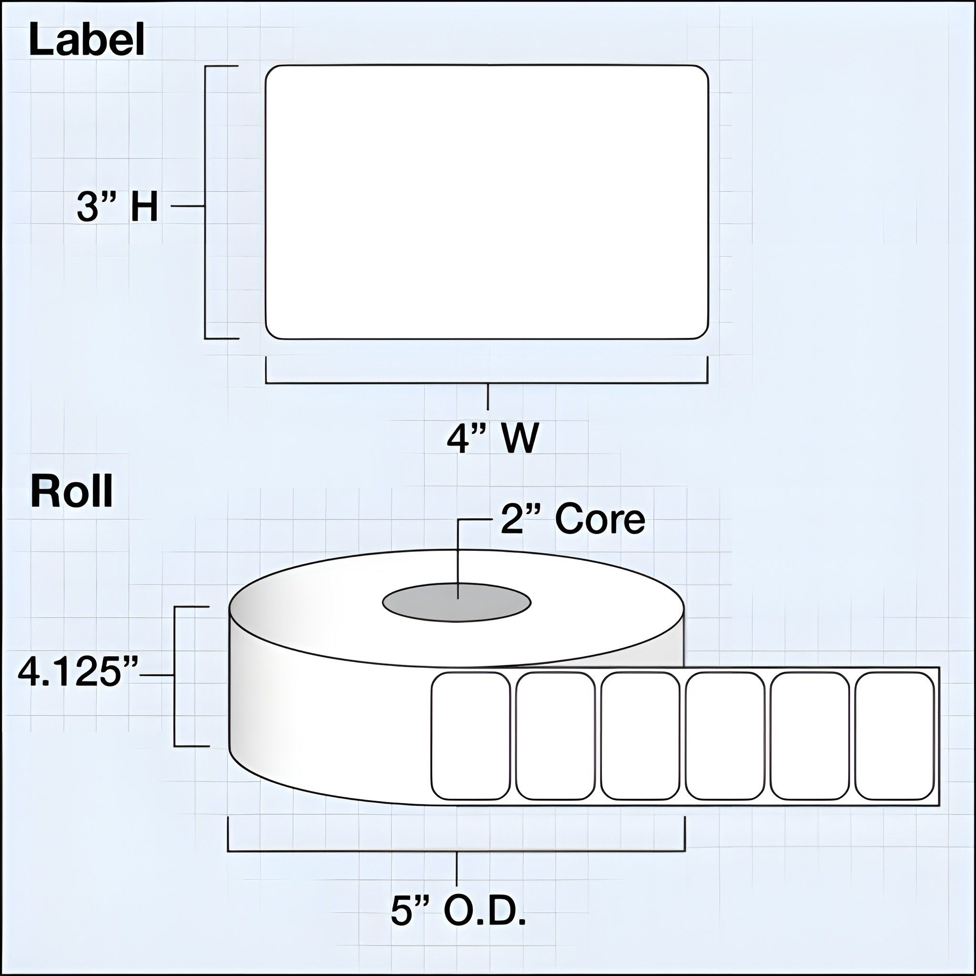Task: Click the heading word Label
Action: coord(87,41)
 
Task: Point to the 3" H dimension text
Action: coord(117,207)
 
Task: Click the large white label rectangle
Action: coord(487,202)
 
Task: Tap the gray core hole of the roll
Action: coord(456,602)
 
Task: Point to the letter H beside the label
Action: coord(144,207)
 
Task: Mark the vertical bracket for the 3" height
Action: coord(205,202)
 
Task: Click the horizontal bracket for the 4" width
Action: coord(487,384)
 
